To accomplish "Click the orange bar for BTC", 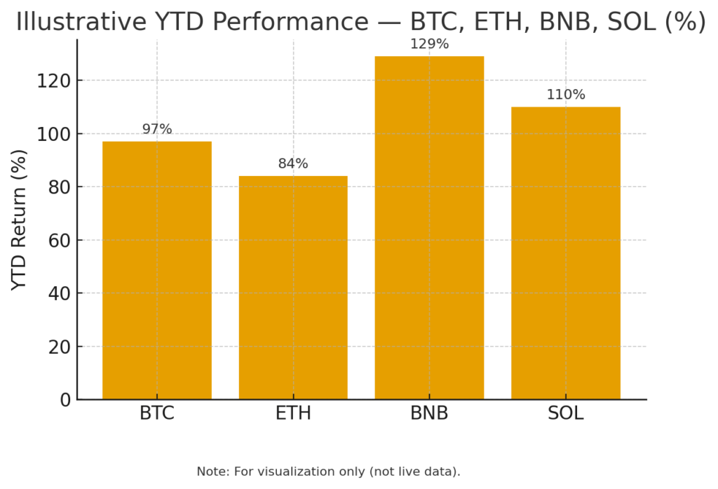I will click(x=156, y=270).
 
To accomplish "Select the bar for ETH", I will click(x=293, y=288).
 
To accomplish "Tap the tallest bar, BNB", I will click(x=429, y=228).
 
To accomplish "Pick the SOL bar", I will click(x=565, y=253).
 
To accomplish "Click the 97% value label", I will click(x=156, y=129).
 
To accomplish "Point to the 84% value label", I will click(x=293, y=163).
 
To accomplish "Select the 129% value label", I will click(x=429, y=44).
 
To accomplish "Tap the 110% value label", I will click(x=565, y=95).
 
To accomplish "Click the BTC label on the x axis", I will click(x=156, y=413).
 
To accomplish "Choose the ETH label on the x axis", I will click(x=293, y=413).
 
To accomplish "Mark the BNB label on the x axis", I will click(x=429, y=413).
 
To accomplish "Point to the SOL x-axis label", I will click(x=565, y=413).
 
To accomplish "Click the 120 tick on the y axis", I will click(x=54, y=81).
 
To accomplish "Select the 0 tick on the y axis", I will click(x=65, y=400).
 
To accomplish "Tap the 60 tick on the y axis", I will click(x=59, y=240).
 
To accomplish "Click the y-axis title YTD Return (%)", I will click(x=20, y=220).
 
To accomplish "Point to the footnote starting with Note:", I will click(x=328, y=471).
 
